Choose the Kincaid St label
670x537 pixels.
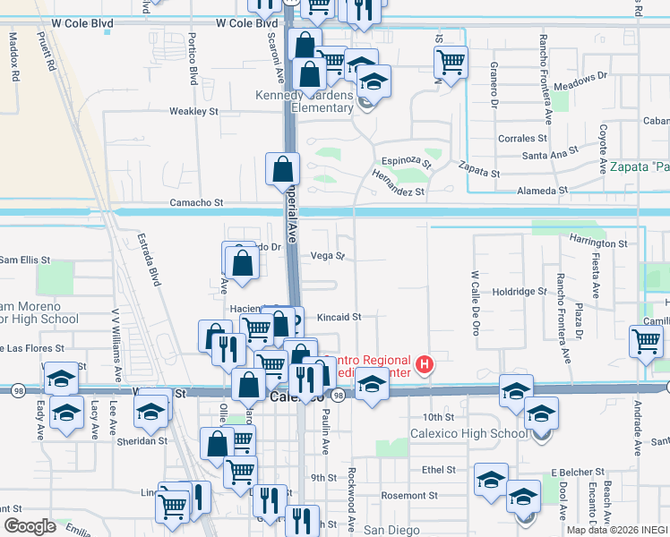click(339, 317)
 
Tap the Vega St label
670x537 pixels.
click(327, 256)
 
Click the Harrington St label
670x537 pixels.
click(598, 243)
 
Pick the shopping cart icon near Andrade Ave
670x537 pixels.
click(646, 341)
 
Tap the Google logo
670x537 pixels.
click(30, 526)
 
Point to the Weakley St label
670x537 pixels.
click(194, 112)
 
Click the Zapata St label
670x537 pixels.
click(478, 167)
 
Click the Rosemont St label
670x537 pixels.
click(411, 495)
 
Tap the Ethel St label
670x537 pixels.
click(439, 469)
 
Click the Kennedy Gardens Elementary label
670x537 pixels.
click(305, 101)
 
